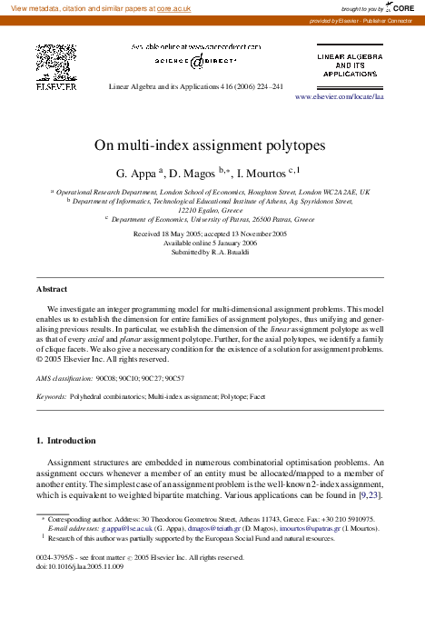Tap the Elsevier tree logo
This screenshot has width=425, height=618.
tap(55, 63)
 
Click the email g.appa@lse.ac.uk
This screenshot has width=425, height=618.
tap(127, 527)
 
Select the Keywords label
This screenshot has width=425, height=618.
tap(51, 397)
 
